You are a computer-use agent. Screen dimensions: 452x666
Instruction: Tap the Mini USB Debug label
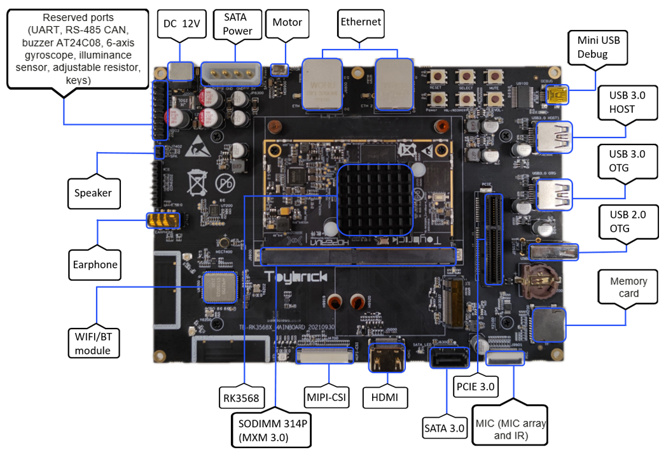593,48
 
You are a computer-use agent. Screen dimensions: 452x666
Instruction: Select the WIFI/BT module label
93,344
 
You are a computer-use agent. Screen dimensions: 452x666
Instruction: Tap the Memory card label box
628,288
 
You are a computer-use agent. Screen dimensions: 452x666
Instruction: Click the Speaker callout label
94,193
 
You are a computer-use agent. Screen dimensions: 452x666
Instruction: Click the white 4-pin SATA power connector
232,74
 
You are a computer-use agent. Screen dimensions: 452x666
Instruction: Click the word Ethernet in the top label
360,22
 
